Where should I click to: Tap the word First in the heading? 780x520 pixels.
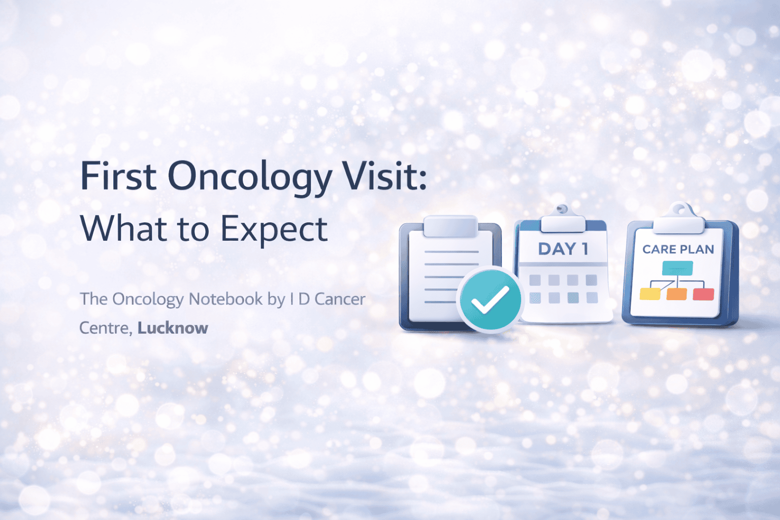118,177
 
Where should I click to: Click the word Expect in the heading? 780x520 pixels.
274,230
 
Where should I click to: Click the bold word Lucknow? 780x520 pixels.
173,328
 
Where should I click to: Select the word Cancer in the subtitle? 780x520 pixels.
340,299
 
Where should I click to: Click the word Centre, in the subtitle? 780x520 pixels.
106,328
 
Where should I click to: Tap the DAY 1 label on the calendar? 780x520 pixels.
563,249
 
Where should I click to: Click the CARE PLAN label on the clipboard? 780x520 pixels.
678,249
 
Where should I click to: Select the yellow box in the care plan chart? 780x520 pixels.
649,294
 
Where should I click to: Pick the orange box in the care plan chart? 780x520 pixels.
676,294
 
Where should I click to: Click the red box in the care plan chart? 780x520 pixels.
703,294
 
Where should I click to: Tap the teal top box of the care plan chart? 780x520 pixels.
677,268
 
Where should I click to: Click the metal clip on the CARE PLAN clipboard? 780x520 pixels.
679,219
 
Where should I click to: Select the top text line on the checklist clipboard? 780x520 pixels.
451,251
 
